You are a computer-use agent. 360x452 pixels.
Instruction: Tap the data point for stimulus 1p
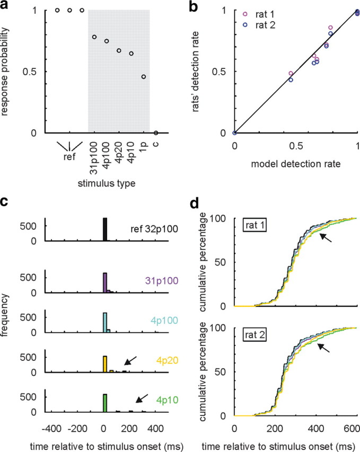pyautogui.click(x=143, y=77)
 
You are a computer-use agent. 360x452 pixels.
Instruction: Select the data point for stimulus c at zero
pyautogui.click(x=156, y=132)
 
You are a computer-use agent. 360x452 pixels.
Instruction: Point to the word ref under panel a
pyautogui.click(x=69, y=157)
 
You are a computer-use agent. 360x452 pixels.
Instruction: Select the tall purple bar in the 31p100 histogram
pyautogui.click(x=105, y=283)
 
